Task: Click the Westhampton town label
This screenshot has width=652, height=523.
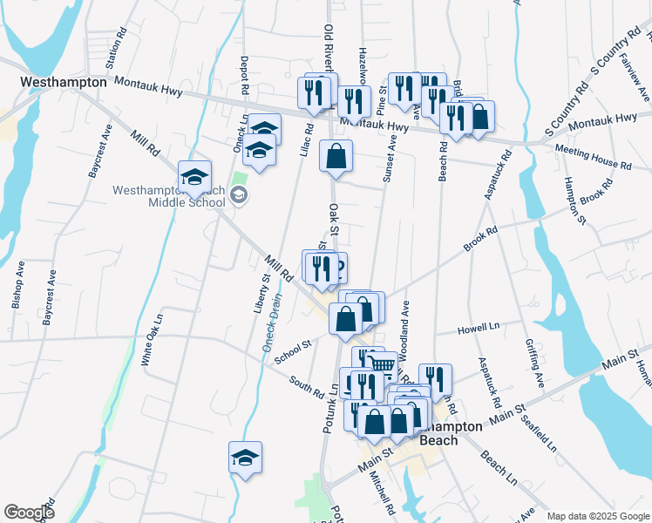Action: (x=64, y=82)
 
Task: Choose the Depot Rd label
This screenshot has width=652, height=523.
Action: (x=245, y=77)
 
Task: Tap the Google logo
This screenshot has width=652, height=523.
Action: (x=30, y=513)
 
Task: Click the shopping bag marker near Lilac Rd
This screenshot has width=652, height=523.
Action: (x=336, y=155)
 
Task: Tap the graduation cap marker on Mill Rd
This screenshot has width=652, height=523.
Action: (x=194, y=177)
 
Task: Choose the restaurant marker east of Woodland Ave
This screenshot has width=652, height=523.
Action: (x=435, y=378)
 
